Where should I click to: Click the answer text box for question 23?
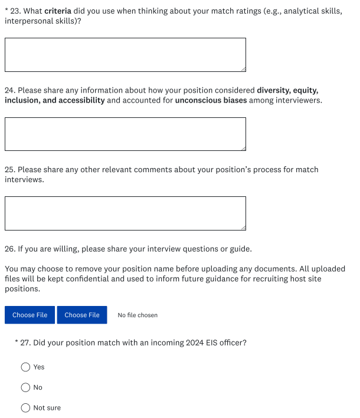[125, 55]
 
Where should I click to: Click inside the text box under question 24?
[125, 134]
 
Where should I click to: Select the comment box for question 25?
[125, 213]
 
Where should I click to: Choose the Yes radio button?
[25, 367]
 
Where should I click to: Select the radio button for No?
[25, 387]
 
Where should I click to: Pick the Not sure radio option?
[25, 408]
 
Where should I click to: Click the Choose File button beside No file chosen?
[82, 315]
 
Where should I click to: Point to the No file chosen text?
[138, 315]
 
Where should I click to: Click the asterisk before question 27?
[17, 341]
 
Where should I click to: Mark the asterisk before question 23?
[6, 11]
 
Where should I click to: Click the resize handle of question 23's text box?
[243, 69]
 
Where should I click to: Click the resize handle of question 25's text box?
[243, 227]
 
